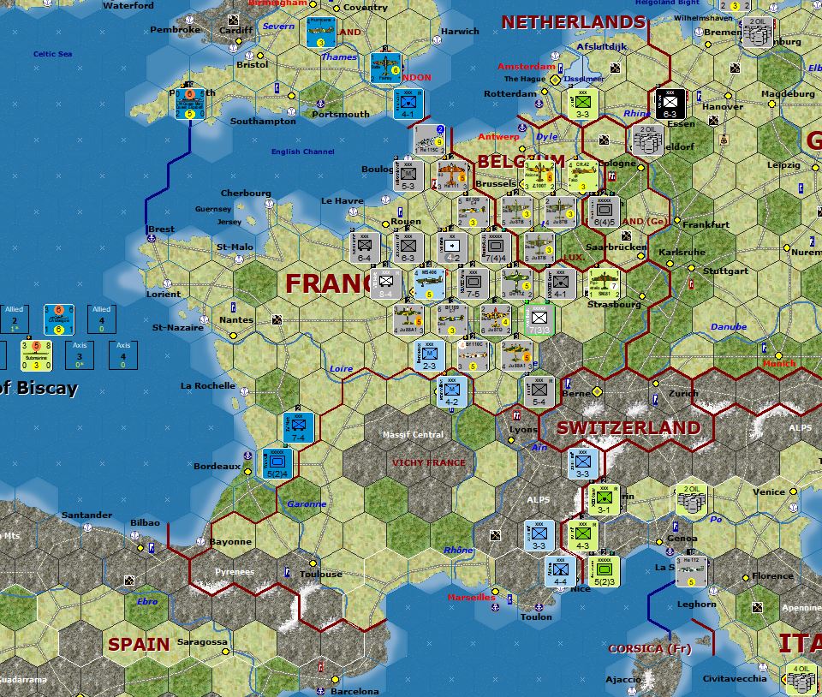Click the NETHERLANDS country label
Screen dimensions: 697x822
[x=573, y=22]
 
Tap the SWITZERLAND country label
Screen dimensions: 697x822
[x=628, y=427]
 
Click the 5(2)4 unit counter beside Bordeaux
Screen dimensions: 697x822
[x=276, y=462]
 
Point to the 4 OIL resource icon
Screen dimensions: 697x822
[x=801, y=679]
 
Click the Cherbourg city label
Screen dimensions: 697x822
[x=246, y=194]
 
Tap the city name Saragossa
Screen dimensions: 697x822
[x=202, y=641]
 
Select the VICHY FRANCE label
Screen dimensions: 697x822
[x=429, y=463]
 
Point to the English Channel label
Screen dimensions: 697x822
[x=302, y=152]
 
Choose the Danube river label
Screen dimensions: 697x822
[x=728, y=326]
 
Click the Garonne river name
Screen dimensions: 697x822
[x=307, y=504]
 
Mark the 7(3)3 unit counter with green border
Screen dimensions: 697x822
[x=539, y=319]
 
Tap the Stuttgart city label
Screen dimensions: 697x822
[x=724, y=271]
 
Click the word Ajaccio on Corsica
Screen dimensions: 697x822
[x=622, y=679]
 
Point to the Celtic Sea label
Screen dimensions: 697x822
[x=53, y=54]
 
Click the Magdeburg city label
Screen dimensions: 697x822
[x=788, y=93]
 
